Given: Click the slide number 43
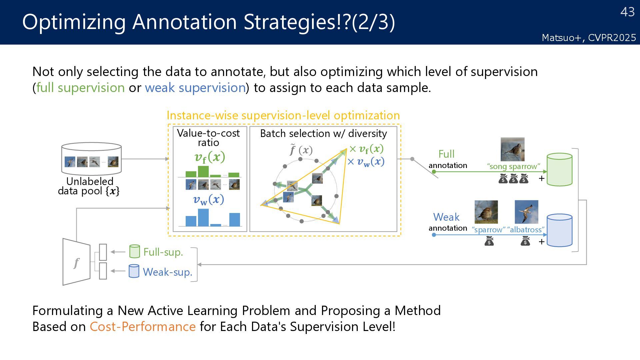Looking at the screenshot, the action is (x=627, y=12).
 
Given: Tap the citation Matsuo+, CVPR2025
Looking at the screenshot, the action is (x=589, y=38).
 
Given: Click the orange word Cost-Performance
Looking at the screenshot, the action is (x=143, y=326).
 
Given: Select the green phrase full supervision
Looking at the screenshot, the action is (x=80, y=88).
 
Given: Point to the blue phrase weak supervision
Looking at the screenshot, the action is (x=195, y=88).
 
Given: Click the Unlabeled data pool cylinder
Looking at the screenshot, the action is (x=91, y=159).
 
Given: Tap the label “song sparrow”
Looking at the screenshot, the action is (x=513, y=166).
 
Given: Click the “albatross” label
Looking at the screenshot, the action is (x=526, y=230).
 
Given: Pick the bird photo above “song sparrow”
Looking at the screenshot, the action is (x=512, y=149).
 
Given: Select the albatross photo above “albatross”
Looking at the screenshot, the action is (x=526, y=212).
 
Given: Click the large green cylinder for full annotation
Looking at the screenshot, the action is (x=559, y=170).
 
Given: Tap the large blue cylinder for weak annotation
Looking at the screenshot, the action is (x=559, y=230).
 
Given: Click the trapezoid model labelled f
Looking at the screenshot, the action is (x=76, y=262).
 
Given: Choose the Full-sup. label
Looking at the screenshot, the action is (x=163, y=252).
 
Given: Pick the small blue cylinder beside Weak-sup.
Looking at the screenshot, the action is (x=134, y=271).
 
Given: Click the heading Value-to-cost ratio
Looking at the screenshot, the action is (x=208, y=138).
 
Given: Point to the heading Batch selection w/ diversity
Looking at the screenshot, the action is (x=323, y=133).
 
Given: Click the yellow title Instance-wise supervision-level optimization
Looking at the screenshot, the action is (x=283, y=115).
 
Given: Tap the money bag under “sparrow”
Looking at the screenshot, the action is (x=489, y=241).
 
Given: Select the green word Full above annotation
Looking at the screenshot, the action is (x=446, y=154).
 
